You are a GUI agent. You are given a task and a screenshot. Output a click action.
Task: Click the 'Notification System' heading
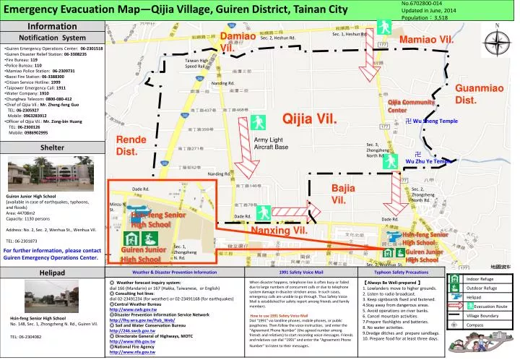(x=52, y=37)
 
